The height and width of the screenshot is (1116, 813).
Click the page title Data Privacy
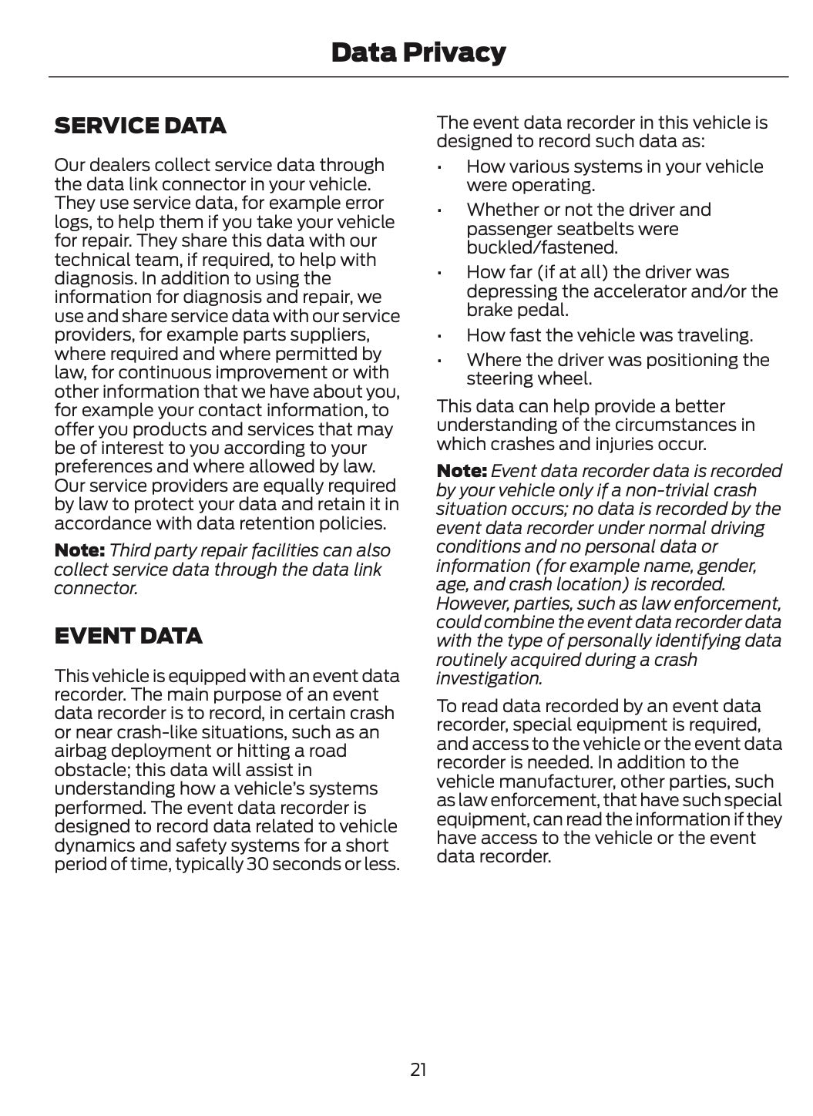(x=418, y=52)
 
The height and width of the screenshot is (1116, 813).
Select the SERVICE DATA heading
(x=140, y=126)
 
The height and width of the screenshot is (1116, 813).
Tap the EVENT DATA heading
(x=128, y=636)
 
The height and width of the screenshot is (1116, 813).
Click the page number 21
(x=418, y=1069)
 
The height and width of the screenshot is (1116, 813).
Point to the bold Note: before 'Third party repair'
(x=79, y=550)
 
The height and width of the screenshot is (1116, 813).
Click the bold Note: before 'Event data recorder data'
(x=462, y=471)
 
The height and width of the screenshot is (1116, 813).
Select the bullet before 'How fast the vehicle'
(x=438, y=336)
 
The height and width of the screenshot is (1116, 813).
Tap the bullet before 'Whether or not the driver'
(x=438, y=210)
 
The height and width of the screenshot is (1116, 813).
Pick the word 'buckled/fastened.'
(x=531, y=247)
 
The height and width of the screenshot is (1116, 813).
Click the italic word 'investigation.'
(x=489, y=678)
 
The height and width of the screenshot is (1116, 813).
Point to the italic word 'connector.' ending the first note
(x=96, y=588)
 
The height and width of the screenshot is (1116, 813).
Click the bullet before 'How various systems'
(x=438, y=167)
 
